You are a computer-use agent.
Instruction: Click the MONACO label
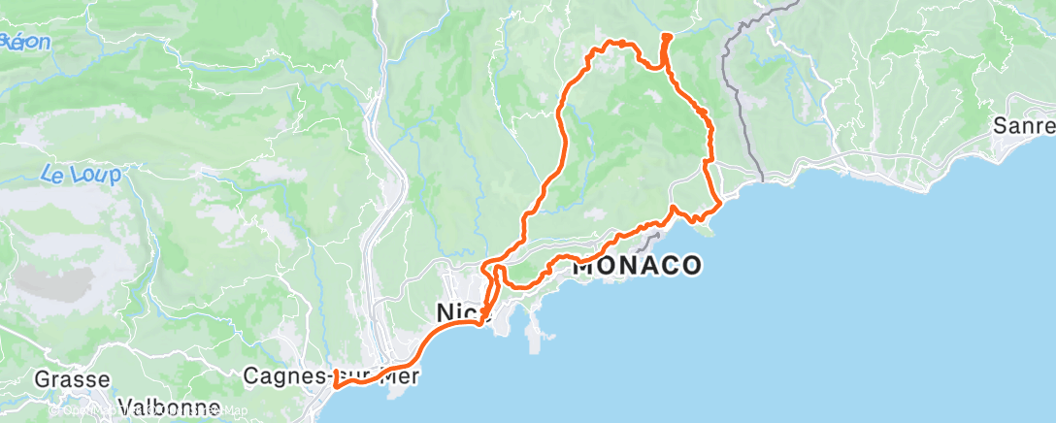[x=637, y=265]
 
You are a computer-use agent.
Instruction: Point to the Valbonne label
[x=167, y=407]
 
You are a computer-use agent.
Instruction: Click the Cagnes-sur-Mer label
[x=331, y=374]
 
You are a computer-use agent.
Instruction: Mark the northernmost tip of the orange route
[x=667, y=37]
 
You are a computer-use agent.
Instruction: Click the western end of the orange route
[x=335, y=384]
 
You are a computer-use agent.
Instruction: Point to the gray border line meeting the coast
[x=762, y=179]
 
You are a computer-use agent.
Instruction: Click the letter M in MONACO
[x=585, y=265]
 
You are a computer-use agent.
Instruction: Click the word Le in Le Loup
[x=53, y=175]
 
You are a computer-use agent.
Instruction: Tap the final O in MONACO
[x=689, y=265]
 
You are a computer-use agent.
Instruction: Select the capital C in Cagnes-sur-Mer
[x=250, y=374]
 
